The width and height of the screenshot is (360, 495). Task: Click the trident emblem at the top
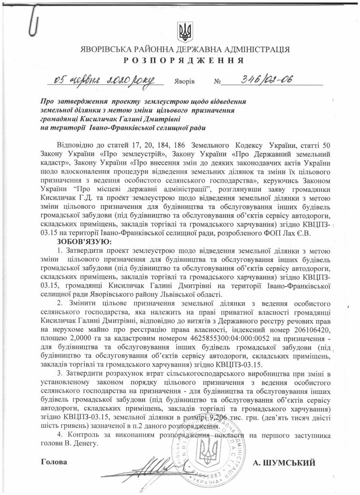click(x=184, y=31)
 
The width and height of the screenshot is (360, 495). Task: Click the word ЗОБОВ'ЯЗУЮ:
click(x=84, y=241)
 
